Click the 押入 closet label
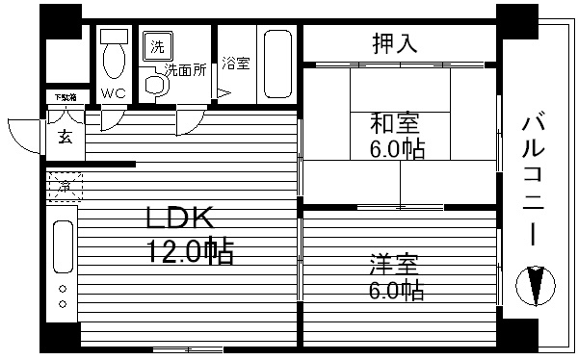pos(395,42)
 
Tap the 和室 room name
pos(396,124)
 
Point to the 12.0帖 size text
pos(189,252)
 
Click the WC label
pos(114,93)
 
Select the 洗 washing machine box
pos(155,45)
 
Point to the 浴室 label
pos(236,64)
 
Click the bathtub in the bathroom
pos(277,64)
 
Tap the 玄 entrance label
pos(65,136)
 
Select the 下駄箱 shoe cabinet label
pos(64,98)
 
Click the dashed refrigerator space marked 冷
pos(64,185)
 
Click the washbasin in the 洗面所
pos(154,85)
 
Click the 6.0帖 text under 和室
pos(398,150)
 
